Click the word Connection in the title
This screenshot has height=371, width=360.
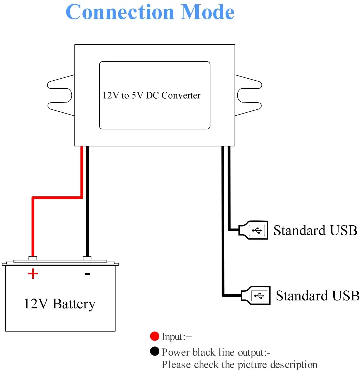[120, 12]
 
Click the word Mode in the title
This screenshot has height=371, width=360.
[207, 12]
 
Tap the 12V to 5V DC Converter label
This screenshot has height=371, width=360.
[151, 96]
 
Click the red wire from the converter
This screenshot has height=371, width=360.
[57, 197]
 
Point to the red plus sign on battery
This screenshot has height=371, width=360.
[33, 274]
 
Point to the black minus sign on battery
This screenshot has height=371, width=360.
[87, 274]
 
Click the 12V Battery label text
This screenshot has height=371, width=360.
[60, 304]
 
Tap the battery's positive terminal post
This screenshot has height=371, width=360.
[33, 258]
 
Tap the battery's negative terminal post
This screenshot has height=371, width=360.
[87, 258]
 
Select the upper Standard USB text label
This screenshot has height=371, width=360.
[315, 231]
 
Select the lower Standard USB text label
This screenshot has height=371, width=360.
[318, 296]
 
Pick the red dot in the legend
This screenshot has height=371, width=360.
[154, 336]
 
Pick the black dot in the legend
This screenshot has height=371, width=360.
[154, 351]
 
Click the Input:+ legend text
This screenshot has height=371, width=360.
[177, 337]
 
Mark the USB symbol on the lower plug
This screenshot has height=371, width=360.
[259, 296]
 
